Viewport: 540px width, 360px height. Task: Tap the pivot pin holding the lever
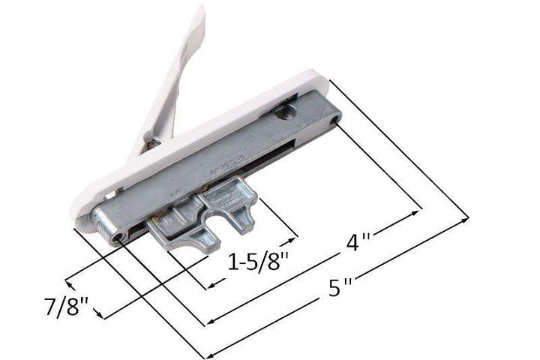click(152, 142)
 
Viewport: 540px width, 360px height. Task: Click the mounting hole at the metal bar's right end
click(334, 118)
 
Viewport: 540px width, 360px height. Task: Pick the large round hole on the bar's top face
click(284, 114)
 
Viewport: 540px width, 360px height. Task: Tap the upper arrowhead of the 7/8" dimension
click(69, 281)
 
